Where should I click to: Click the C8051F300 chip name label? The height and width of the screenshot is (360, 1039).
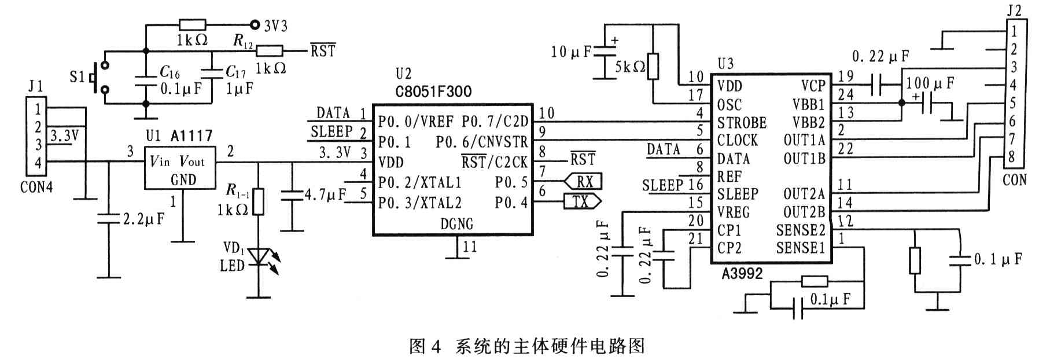433,91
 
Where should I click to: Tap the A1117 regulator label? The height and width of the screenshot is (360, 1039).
192,136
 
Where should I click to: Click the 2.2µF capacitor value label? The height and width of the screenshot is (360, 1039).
143,219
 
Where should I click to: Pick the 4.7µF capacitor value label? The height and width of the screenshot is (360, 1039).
325,194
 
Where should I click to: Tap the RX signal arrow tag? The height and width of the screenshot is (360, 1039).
584,181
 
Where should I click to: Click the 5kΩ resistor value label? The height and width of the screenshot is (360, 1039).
629,67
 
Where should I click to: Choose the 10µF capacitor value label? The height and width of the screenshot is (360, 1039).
571,52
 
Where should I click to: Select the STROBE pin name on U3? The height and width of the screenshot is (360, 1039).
742,123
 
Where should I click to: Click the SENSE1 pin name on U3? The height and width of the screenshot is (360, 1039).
801,248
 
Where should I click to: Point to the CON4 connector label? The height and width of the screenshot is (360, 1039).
36,187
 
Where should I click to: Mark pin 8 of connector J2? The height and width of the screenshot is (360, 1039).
1012,156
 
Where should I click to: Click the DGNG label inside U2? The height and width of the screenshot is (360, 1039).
457,223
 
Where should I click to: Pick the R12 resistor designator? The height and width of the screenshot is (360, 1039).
243,41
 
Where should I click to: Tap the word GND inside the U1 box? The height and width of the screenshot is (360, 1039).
183,180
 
